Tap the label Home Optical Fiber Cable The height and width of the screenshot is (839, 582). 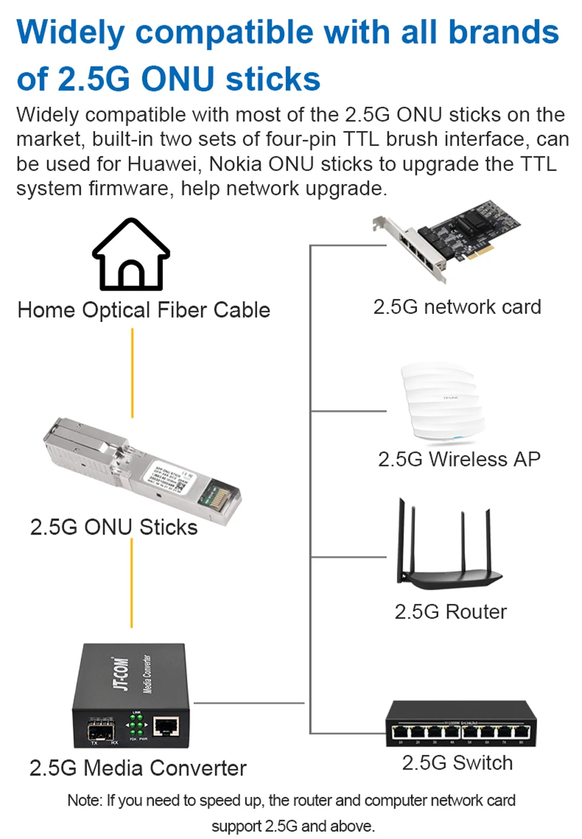click(144, 310)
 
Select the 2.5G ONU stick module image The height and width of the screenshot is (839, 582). click(142, 470)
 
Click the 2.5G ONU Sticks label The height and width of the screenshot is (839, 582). click(114, 527)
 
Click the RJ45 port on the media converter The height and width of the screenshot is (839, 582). click(166, 726)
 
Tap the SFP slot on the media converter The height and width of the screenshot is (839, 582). click(101, 730)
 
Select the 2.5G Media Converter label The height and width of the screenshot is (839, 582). click(138, 768)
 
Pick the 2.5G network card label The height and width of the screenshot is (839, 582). click(457, 307)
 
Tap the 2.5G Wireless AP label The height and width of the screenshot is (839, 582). click(459, 459)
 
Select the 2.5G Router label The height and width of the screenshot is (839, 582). click(450, 612)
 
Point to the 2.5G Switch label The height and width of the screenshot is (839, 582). click(457, 763)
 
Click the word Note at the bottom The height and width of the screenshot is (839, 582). click(84, 800)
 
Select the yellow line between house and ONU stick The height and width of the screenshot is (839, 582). click(132, 373)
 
